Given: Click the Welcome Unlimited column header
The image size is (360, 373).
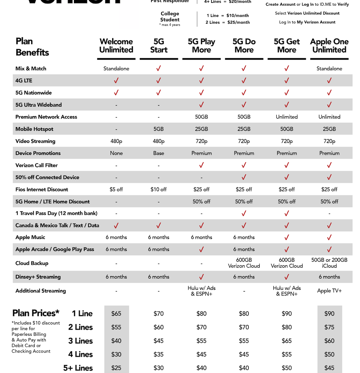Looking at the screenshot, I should coord(116,46).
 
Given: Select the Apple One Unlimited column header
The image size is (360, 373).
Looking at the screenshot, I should coord(329,46).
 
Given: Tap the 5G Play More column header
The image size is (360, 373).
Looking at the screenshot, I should coord(201,46).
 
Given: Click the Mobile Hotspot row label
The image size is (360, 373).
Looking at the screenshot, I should coord(34,129).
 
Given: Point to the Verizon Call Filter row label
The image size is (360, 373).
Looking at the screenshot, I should coord(36,165).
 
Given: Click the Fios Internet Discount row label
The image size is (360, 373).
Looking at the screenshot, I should coord(42,190).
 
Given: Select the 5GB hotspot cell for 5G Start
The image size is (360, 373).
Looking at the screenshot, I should coord(158,129).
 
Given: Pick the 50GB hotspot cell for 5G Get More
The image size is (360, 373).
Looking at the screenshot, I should coord(287,129).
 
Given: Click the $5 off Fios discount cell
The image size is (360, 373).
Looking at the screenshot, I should coord(116,190).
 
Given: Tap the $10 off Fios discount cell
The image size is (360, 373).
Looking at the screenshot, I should coord(158,190).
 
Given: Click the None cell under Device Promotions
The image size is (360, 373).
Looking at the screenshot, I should coord(116,153).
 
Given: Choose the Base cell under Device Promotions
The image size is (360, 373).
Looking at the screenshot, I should coord(158,153).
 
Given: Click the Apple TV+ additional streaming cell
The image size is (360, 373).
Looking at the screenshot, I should coord(329,291).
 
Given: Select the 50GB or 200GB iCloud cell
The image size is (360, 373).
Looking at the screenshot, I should coord(329,263).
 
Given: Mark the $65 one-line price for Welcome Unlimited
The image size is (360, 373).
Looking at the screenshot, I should coord(116,314).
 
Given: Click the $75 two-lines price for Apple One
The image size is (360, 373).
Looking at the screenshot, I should coord(329,327).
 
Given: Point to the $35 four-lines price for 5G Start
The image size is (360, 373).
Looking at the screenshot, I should coord(158,354).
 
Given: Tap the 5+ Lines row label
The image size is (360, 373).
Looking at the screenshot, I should coord(78,368).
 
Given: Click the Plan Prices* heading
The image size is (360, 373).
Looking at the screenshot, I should coord(36,313).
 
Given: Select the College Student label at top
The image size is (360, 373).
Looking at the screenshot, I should coord(170,17).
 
